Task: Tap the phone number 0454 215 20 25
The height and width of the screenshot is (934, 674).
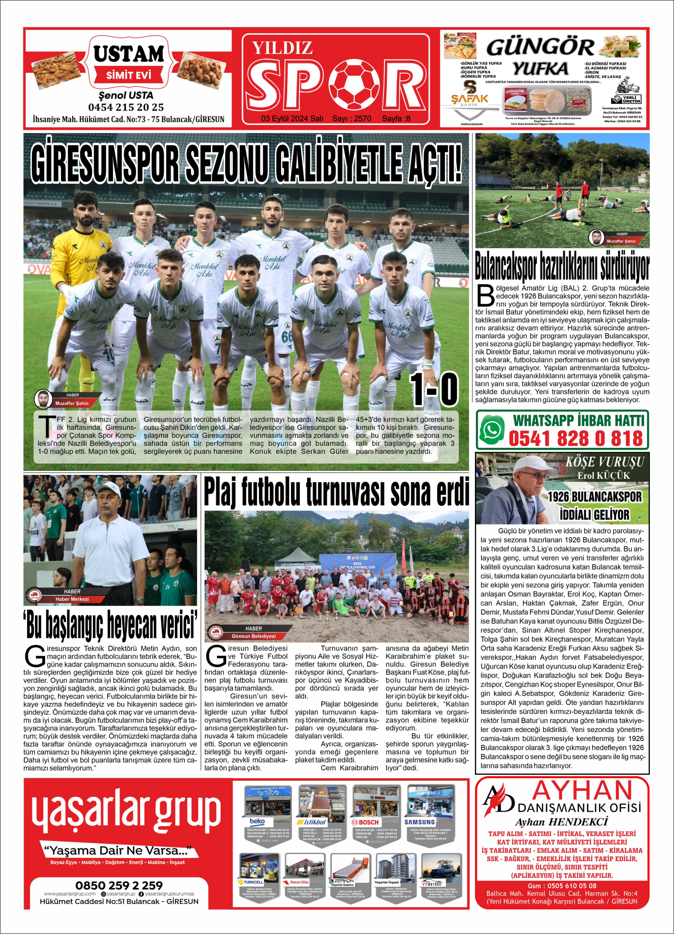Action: click(x=126, y=107)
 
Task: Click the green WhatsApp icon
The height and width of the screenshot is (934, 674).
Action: click(x=492, y=430)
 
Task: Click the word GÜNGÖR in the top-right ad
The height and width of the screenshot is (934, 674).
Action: click(x=540, y=48)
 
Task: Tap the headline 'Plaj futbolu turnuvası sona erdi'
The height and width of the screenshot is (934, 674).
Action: click(x=336, y=492)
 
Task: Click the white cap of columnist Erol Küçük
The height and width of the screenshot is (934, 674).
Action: click(x=534, y=464)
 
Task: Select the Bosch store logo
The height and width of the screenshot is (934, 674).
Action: click(x=365, y=822)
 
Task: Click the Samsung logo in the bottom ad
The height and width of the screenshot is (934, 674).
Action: click(x=420, y=822)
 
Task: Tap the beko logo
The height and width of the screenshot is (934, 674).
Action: click(x=257, y=821)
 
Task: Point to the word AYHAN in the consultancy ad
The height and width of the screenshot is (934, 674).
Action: click(x=582, y=791)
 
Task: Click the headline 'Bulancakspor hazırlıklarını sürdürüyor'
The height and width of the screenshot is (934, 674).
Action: click(x=562, y=266)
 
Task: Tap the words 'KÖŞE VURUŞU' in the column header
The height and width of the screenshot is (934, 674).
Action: click(x=604, y=462)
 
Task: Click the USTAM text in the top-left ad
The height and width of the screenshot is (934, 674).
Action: click(x=129, y=54)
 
